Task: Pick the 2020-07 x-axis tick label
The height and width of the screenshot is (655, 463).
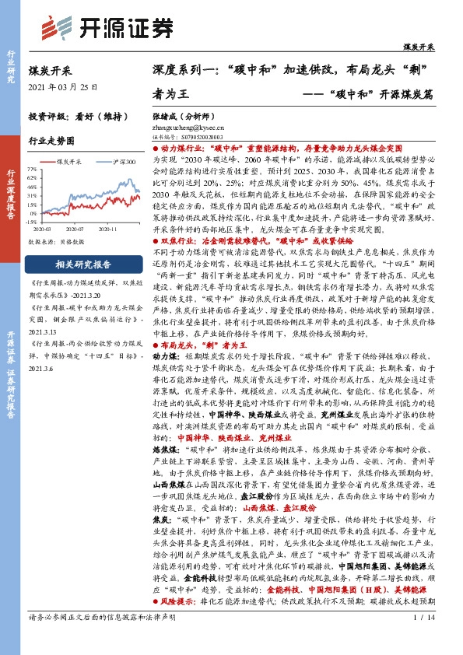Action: pyautogui.click(x=75, y=229)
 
